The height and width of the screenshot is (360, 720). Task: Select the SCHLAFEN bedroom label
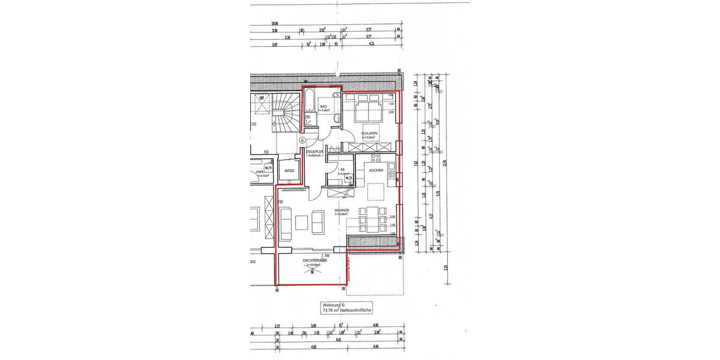[368, 133]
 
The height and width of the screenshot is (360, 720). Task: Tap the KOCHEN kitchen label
[376, 170]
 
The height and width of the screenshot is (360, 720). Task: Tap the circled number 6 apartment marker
[302, 140]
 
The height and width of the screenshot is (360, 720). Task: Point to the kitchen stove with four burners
[376, 158]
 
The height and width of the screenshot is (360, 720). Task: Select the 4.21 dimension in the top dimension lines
[371, 44]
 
